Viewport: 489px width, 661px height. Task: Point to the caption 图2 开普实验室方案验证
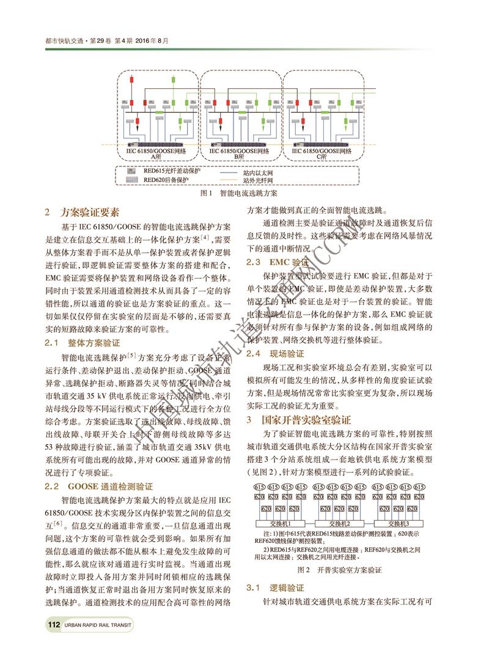339,569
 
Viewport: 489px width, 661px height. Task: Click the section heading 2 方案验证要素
82,212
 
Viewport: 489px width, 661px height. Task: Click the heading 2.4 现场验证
275,354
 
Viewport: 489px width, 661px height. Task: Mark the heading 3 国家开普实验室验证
299,419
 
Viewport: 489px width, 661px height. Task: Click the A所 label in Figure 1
156,157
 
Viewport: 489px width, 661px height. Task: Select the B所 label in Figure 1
239,157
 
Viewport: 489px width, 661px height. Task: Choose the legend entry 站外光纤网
257,181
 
